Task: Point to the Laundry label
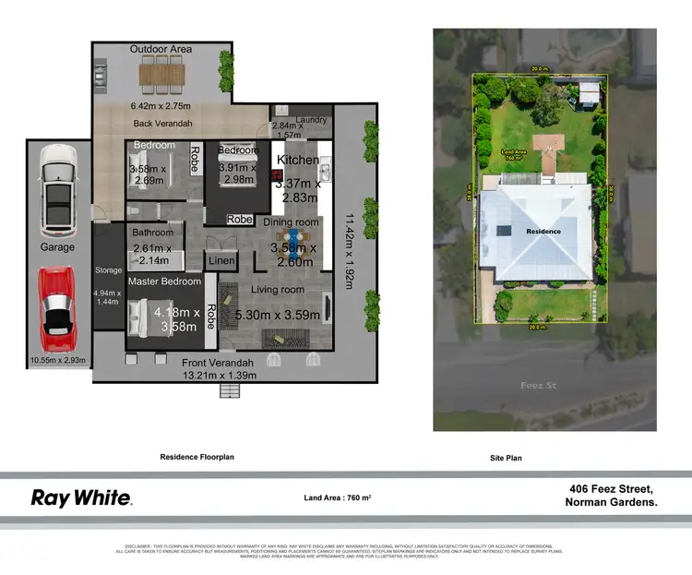click(x=313, y=119)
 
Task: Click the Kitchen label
click(x=298, y=160)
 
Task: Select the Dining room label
click(x=292, y=222)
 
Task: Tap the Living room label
click(x=279, y=290)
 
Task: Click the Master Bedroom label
click(x=164, y=282)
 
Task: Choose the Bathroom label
click(x=152, y=233)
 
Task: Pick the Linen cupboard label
click(x=221, y=261)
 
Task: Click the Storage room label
click(x=108, y=270)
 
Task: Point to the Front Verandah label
click(x=219, y=363)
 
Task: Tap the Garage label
click(x=57, y=247)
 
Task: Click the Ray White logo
click(x=82, y=498)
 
